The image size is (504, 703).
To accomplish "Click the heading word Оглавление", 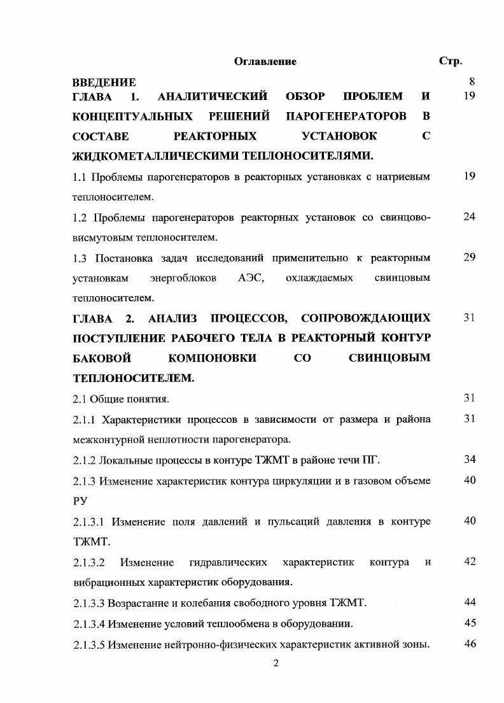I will [265, 62].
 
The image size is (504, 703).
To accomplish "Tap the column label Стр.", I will [451, 62].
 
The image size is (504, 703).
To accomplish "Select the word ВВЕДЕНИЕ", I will [104, 83].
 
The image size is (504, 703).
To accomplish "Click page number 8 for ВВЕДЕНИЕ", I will [472, 82].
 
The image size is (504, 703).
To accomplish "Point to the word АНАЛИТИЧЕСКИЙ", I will [212, 97].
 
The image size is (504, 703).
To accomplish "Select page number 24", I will [470, 217].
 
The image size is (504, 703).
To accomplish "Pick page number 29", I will [470, 257].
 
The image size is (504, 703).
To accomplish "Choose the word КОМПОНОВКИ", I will [212, 359].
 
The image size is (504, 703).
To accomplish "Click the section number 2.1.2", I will [85, 460].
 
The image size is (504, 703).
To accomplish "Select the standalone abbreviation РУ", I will [80, 501].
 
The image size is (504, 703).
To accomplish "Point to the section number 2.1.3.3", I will [89, 602].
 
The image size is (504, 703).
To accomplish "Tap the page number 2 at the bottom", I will [276, 664].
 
